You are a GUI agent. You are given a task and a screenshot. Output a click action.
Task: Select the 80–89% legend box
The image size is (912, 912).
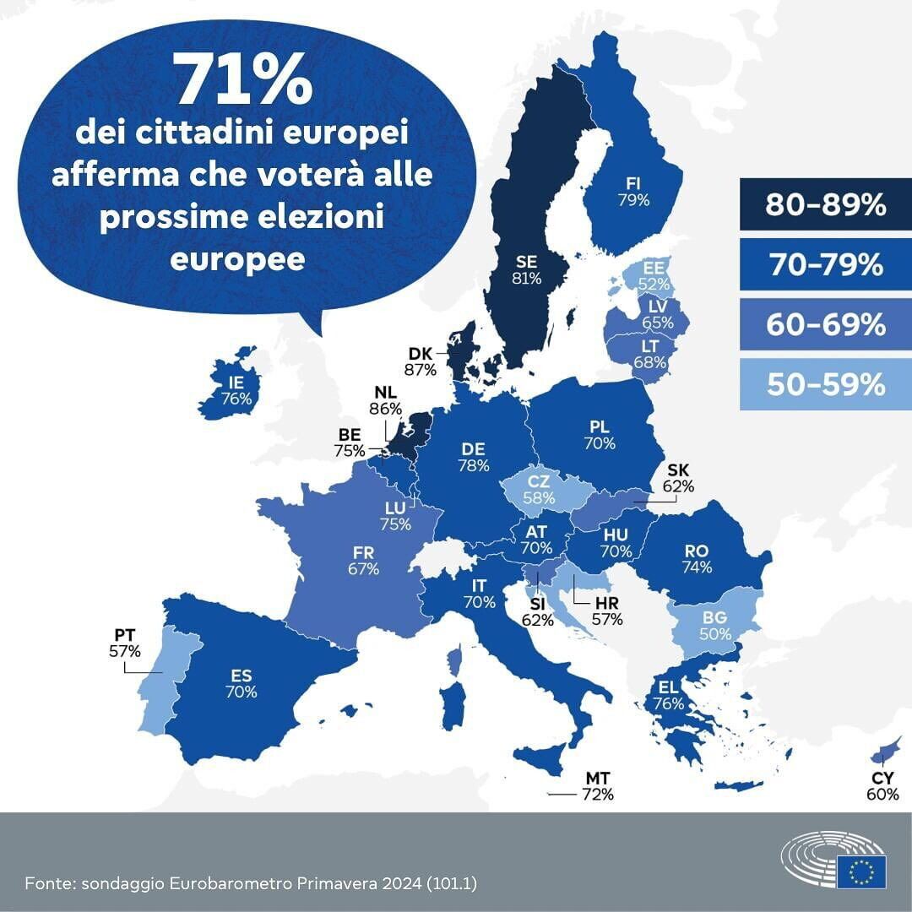pos(825,204)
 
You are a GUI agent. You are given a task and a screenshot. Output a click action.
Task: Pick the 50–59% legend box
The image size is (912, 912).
pos(825,385)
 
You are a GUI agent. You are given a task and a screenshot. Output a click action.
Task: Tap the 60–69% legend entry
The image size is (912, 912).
pos(825,325)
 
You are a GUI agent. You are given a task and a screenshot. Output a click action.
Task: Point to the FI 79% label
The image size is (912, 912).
pos(632,192)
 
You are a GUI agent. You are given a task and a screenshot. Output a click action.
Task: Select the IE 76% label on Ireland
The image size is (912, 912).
pos(236,391)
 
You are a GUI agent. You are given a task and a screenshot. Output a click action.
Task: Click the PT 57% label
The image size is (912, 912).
pos(124,643)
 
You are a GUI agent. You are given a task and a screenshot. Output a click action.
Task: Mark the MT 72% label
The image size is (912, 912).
pos(598,786)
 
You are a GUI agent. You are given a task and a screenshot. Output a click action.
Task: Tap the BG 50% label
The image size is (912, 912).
pos(715,626)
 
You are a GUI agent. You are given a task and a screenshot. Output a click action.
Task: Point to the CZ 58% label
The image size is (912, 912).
pos(539,490)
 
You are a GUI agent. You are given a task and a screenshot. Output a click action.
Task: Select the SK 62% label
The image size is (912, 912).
pos(679,478)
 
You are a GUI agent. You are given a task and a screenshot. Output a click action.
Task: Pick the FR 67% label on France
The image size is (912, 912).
pos(362,560)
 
